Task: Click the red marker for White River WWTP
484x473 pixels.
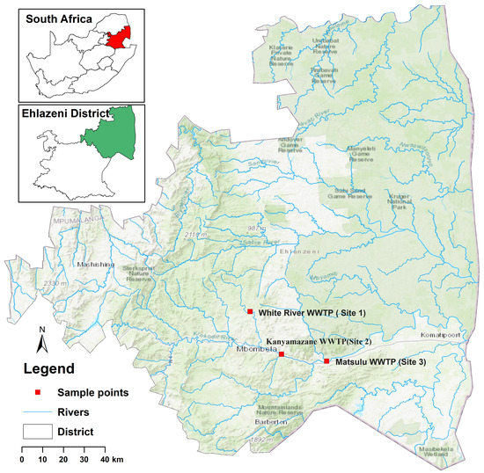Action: [x=250, y=312]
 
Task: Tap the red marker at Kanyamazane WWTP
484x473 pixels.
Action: [x=282, y=354]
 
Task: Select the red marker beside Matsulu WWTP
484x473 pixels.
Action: [x=326, y=361]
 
